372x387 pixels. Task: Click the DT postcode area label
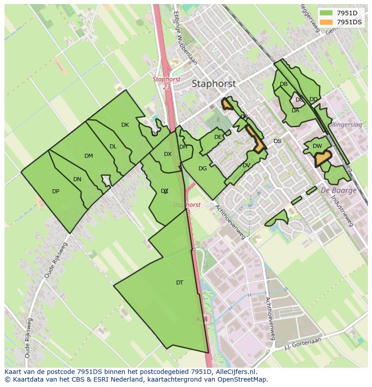coord(180,283)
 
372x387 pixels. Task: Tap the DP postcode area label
coord(56,191)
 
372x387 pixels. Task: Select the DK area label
coord(125,125)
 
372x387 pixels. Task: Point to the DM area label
coord(89,156)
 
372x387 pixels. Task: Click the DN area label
coord(77,179)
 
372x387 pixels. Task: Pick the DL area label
coord(113,147)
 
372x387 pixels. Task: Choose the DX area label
coord(168,154)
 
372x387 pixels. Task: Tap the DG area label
coord(203,169)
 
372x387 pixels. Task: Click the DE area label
coord(218,137)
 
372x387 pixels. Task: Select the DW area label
coord(317,146)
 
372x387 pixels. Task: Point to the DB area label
coord(283,84)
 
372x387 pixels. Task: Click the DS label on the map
coord(277,141)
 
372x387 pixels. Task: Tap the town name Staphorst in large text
coord(213,84)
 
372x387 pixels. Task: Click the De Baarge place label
coord(338,190)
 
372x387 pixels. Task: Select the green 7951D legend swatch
coord(327,13)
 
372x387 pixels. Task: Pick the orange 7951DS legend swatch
coord(327,22)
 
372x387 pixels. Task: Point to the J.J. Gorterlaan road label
coord(304,344)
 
